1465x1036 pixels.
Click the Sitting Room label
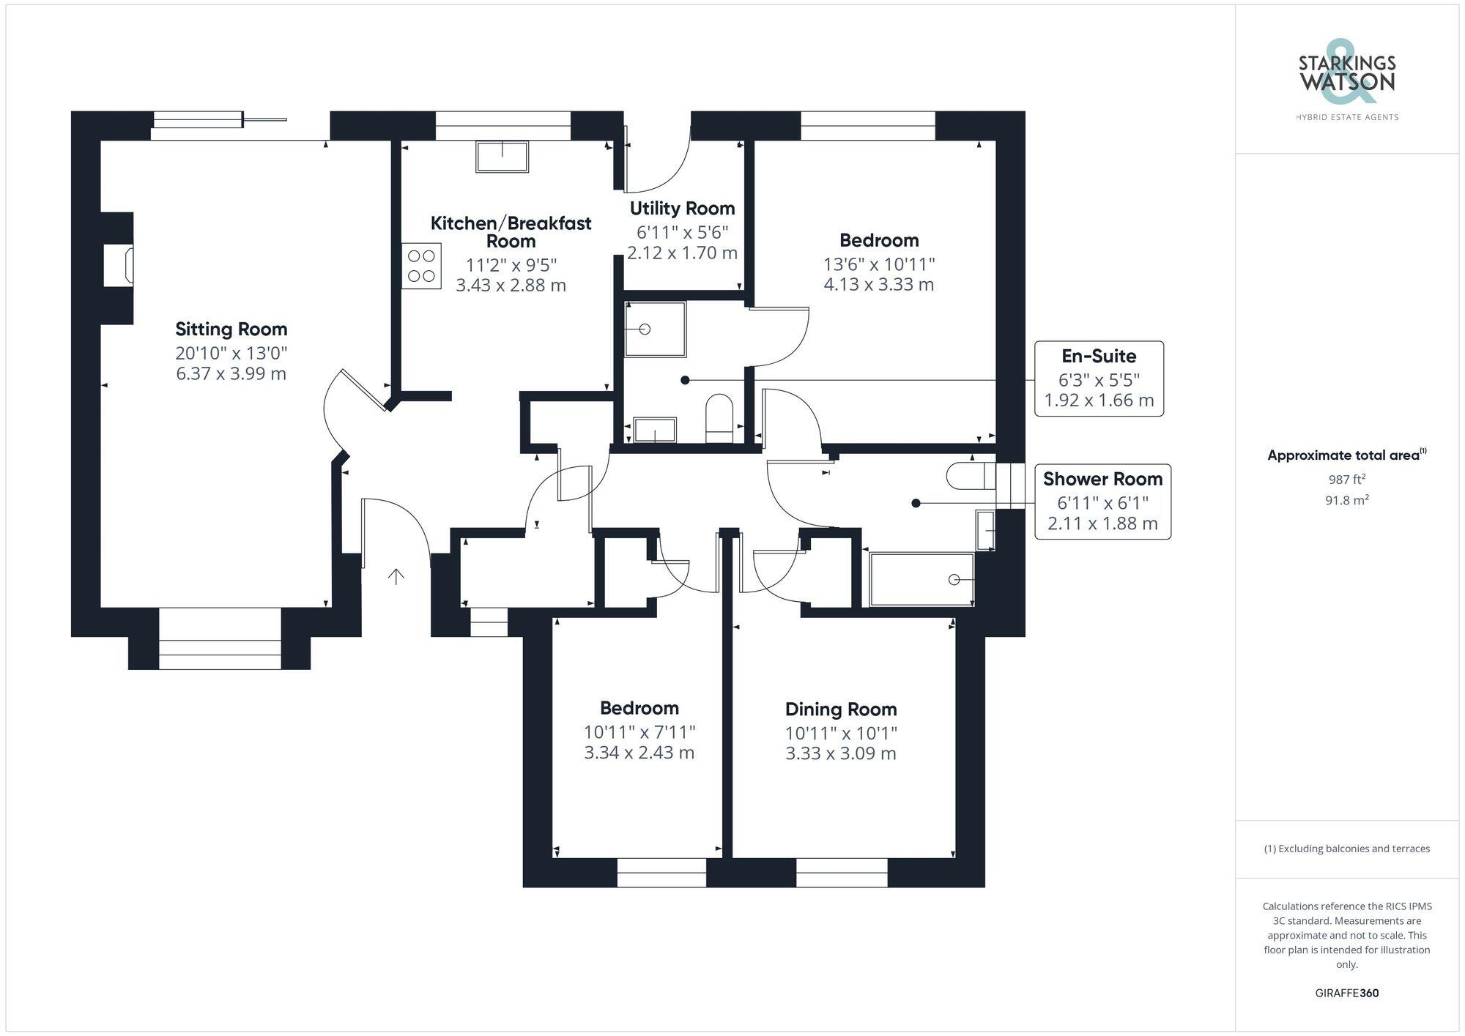coord(231,329)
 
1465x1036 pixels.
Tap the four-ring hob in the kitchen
coord(421,266)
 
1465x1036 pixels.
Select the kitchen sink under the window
coord(502,157)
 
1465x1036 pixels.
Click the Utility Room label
coord(682,209)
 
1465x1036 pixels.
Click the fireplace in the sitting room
coord(119,265)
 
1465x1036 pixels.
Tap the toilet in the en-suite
coord(719,419)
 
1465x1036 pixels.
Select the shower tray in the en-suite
coord(655,329)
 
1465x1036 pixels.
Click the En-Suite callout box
coord(1099,379)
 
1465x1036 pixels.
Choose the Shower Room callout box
coord(1102,502)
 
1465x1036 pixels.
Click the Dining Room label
coord(841,709)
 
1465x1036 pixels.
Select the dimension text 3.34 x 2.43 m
coord(639,753)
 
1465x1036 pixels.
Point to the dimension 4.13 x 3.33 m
coord(878,284)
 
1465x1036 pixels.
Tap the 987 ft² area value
coord(1346,480)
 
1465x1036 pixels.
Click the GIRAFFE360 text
coord(1346,993)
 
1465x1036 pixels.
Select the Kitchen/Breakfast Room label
coord(511,231)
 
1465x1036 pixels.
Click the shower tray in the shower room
coord(921,580)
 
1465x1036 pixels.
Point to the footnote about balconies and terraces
coord(1346,849)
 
